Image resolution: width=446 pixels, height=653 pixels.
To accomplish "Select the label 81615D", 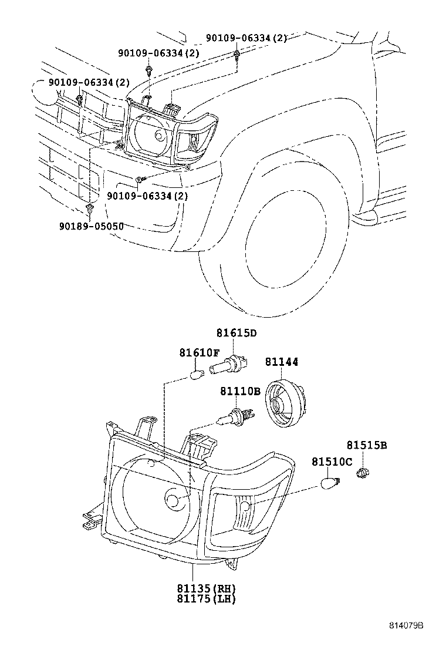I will click(236, 334).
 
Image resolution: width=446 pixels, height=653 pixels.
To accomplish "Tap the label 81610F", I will click(199, 352).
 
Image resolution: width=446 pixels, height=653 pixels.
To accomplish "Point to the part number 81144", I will click(282, 362).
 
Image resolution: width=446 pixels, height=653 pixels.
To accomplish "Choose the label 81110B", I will click(240, 391).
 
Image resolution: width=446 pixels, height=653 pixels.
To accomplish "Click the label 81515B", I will click(366, 446).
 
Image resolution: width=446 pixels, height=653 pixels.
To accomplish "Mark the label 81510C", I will click(332, 463).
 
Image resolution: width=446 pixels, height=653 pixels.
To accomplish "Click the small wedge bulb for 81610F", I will click(198, 372).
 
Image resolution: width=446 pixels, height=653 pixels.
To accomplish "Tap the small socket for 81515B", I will click(363, 472).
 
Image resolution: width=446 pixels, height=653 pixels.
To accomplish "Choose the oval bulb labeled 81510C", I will click(331, 483).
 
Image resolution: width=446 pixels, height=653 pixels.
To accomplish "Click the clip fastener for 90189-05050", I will click(89, 208).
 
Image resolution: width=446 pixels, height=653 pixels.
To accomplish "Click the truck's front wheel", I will click(276, 247).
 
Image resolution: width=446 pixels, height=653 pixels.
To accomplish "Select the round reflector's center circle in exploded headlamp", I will click(173, 501).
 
